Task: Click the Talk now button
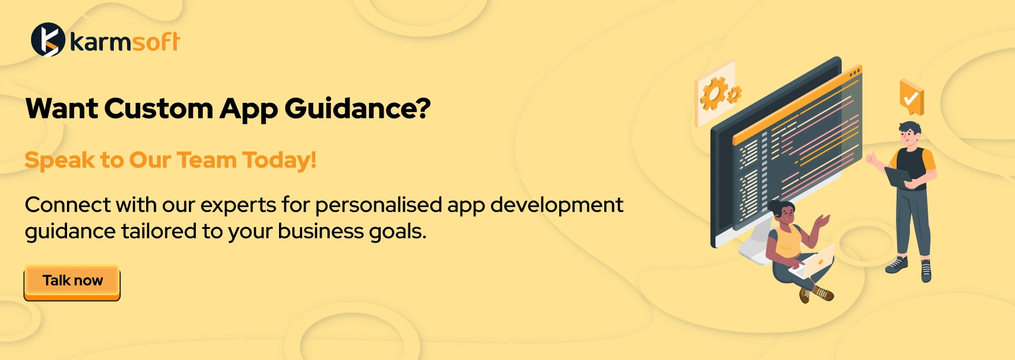(x=72, y=283)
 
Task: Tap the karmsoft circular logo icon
(x=47, y=40)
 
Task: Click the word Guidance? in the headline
(x=358, y=109)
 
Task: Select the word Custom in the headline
(x=159, y=109)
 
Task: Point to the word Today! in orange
(x=279, y=161)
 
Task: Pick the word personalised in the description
(x=378, y=205)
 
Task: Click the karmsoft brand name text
(x=125, y=42)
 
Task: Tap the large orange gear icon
(x=714, y=93)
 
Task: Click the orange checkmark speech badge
(x=912, y=97)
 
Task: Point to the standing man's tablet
(x=897, y=177)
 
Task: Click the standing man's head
(x=910, y=135)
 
